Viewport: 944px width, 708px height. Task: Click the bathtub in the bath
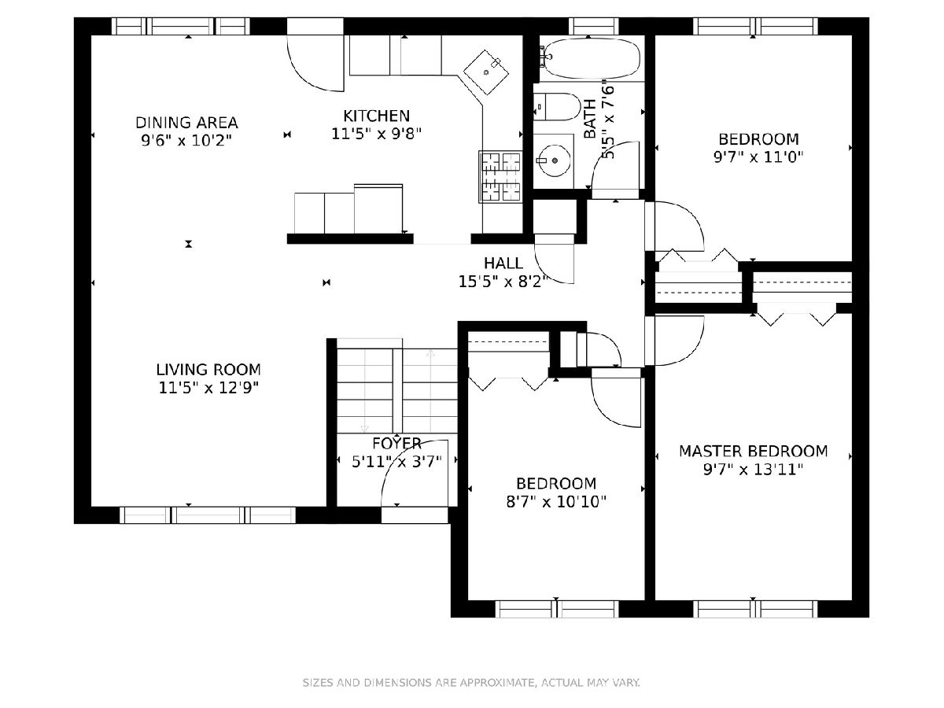coord(591,58)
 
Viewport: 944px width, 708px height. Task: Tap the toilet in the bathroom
coord(558,107)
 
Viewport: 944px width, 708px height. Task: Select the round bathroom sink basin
coord(555,160)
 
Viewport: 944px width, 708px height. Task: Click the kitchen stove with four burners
coord(500,177)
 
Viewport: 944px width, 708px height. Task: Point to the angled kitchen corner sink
coord(486,72)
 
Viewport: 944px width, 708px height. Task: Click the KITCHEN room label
coord(376,116)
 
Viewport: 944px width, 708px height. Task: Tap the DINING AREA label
coord(186,123)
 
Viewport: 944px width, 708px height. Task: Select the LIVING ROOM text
coord(208,370)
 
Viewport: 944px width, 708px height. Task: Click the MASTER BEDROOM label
coord(754,452)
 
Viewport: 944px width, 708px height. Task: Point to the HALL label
coord(503,263)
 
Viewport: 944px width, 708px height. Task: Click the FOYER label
coord(396,443)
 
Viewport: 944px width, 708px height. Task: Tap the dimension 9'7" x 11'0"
coord(758,157)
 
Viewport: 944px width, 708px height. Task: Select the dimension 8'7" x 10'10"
coord(556,502)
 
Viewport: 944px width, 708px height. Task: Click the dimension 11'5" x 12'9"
coord(208,388)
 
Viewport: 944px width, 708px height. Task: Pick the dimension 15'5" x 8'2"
coord(503,282)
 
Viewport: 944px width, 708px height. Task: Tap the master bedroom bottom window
coord(755,609)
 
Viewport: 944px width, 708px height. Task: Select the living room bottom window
coord(208,515)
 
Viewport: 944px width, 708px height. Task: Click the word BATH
coord(590,119)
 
